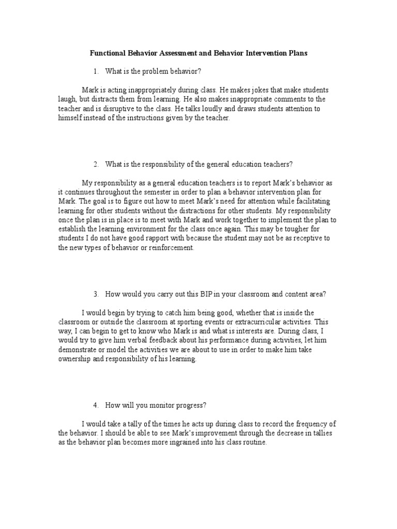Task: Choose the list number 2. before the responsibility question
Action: [96, 164]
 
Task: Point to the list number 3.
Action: [96, 294]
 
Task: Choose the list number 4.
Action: [96, 405]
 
